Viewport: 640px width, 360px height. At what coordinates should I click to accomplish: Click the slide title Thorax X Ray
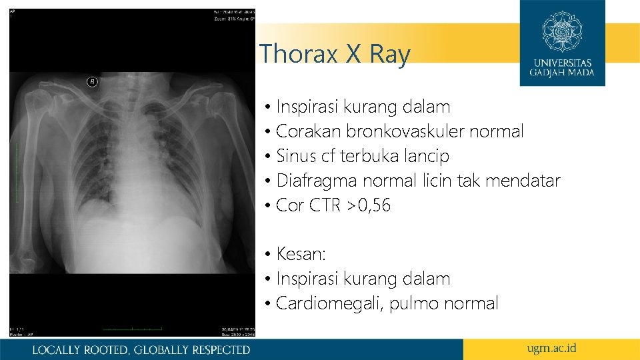click(335, 54)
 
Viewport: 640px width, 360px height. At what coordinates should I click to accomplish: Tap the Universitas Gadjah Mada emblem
click(562, 31)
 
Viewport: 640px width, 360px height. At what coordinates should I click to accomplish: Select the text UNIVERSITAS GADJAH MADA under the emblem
click(562, 68)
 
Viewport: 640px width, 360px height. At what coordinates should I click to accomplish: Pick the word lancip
click(428, 157)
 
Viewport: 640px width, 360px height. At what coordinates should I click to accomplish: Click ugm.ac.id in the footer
click(551, 349)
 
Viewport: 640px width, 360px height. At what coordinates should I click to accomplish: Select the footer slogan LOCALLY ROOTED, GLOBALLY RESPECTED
click(141, 349)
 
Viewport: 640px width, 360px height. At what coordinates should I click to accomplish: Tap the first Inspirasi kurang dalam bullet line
click(363, 107)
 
